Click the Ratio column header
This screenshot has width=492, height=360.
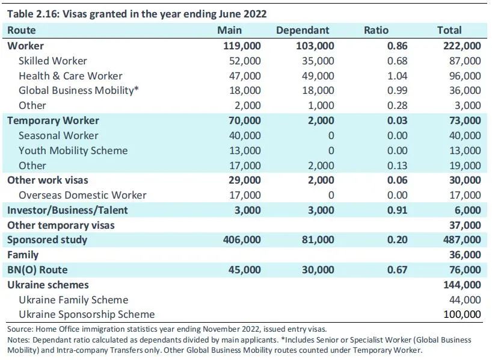click(x=376, y=30)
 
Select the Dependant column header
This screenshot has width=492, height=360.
click(x=303, y=30)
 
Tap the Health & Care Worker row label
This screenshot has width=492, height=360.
click(x=70, y=76)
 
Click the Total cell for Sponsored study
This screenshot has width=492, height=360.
click(x=462, y=240)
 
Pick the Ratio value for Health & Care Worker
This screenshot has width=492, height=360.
click(x=397, y=76)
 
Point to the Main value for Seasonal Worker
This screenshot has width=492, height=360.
click(x=245, y=135)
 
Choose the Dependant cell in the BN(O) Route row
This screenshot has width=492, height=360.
click(x=318, y=270)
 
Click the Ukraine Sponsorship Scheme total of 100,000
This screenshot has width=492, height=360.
click(x=462, y=314)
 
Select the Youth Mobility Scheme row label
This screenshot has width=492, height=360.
click(x=73, y=151)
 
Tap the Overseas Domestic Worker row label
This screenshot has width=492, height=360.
click(x=82, y=195)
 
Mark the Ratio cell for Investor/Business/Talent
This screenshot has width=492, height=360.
click(x=397, y=210)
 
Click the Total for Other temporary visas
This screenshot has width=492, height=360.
click(x=465, y=225)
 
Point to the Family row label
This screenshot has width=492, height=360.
click(x=23, y=255)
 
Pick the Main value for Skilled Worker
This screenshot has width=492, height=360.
click(x=245, y=61)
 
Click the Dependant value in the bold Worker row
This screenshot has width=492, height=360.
click(x=315, y=46)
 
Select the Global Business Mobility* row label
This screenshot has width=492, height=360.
click(x=79, y=90)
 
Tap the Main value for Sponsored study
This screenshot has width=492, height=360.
click(x=242, y=240)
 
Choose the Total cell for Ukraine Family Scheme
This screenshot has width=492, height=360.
click(x=465, y=300)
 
